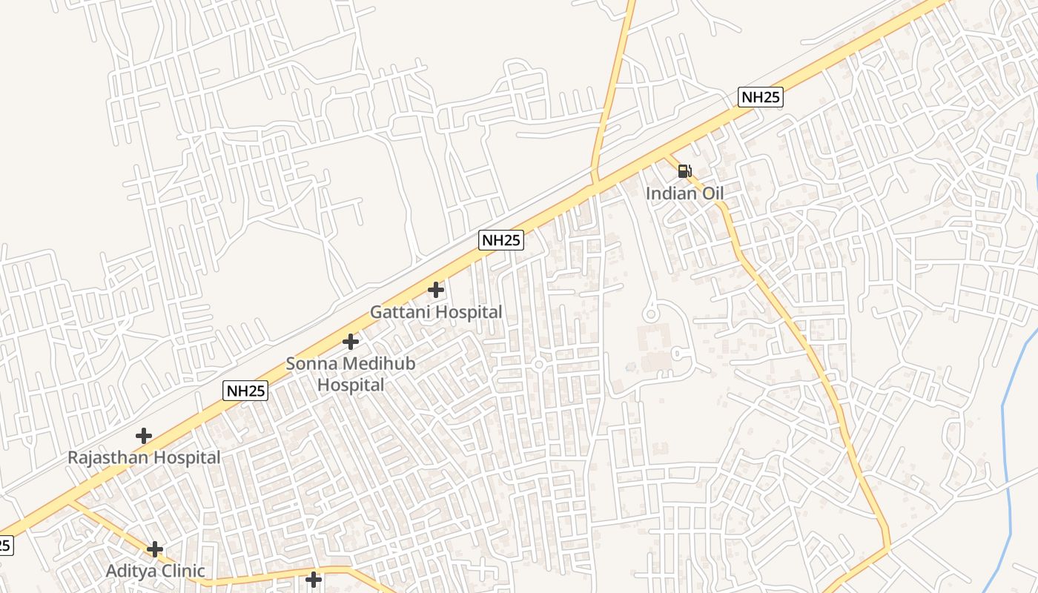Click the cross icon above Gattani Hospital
[x=436, y=289]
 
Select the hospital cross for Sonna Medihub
[x=351, y=342]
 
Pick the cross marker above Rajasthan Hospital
[x=144, y=436]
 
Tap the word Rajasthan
[x=106, y=457]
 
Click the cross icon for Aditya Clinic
[x=155, y=549]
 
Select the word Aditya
[x=132, y=572]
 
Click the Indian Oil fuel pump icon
[x=684, y=171]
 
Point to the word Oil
[x=712, y=193]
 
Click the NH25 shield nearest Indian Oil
[x=761, y=97]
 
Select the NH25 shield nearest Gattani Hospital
[x=501, y=240]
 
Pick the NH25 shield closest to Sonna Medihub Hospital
[x=245, y=391]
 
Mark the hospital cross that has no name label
[x=314, y=579]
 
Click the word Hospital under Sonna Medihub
[x=351, y=385]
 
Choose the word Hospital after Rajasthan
[x=183, y=457]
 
